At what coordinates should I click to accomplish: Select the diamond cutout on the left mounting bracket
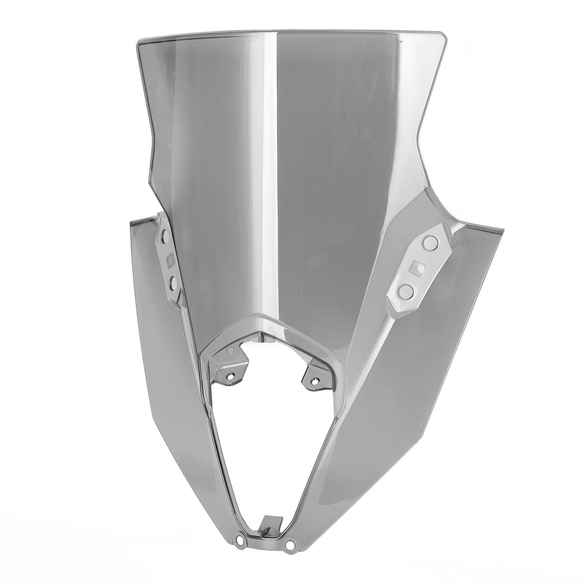(x=170, y=261)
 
